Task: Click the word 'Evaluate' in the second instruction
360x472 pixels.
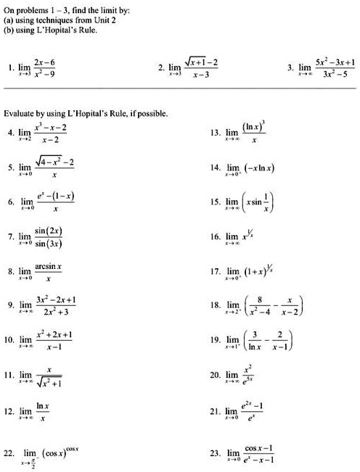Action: click(19, 114)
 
